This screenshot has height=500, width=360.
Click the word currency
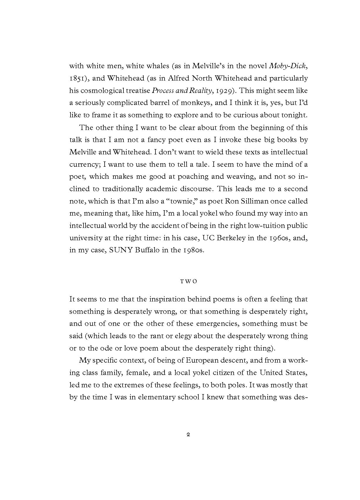84,164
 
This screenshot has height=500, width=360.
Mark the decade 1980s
193,250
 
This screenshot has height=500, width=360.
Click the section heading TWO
188,281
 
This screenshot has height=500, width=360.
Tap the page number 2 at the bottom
188,434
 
